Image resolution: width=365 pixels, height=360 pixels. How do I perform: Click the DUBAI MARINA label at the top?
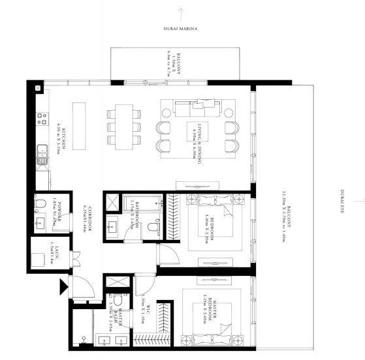[181, 29]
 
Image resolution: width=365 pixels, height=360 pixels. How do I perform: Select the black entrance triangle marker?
[63, 285]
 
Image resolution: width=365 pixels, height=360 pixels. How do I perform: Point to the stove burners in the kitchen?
[43, 119]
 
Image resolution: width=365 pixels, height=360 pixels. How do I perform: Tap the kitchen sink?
[42, 155]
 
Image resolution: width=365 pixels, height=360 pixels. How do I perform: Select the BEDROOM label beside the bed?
[209, 225]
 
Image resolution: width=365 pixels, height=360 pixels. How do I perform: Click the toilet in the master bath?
[82, 334]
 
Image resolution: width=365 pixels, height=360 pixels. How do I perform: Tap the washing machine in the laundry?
[40, 257]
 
